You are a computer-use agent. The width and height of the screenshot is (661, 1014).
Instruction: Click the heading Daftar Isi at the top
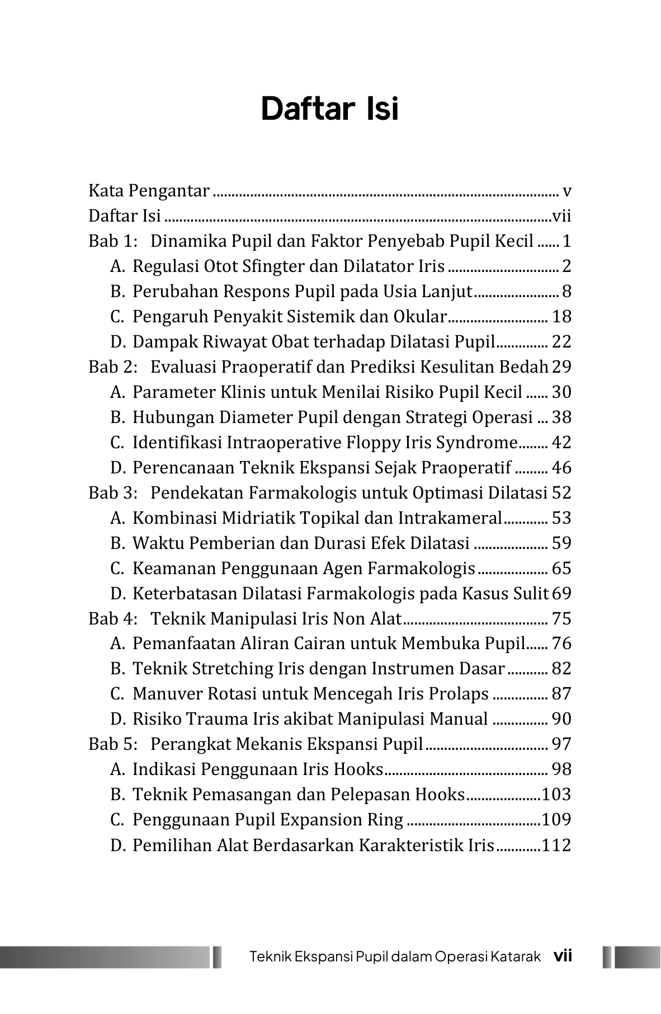pyautogui.click(x=330, y=109)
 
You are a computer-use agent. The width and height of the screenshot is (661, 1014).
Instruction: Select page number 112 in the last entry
pyautogui.click(x=556, y=845)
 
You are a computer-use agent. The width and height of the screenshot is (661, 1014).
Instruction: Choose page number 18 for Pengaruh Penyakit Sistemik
pyautogui.click(x=561, y=317)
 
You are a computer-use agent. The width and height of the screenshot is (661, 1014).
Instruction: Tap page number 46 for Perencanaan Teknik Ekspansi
pyautogui.click(x=561, y=468)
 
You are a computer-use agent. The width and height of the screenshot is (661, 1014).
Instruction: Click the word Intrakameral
pyautogui.click(x=450, y=518)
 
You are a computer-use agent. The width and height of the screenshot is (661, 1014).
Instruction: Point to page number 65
pyautogui.click(x=561, y=569)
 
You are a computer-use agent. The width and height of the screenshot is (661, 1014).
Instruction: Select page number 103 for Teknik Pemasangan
pyautogui.click(x=556, y=795)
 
